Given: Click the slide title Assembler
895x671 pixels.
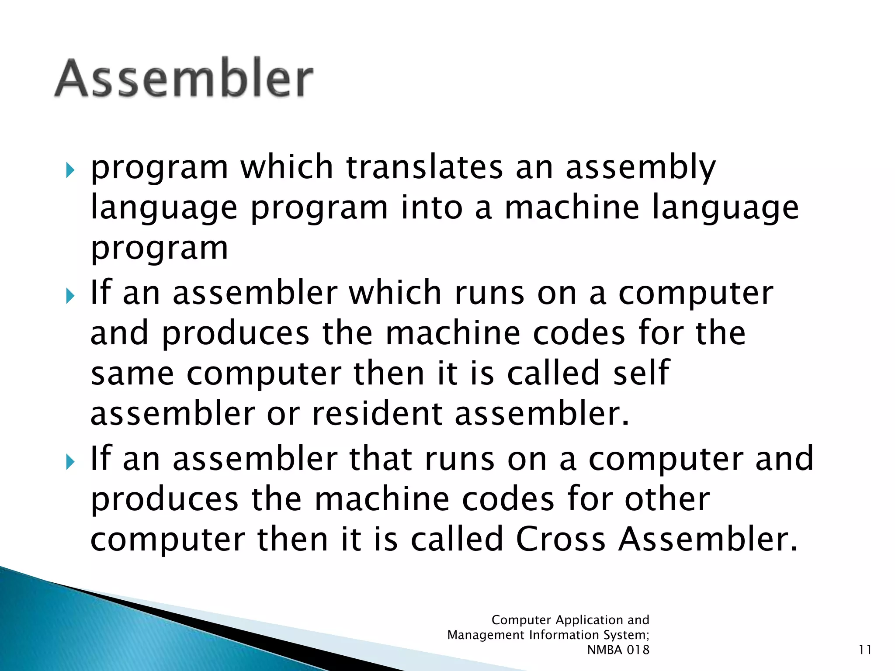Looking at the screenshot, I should click(x=184, y=78).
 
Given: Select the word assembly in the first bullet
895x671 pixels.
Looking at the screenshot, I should click(x=640, y=168).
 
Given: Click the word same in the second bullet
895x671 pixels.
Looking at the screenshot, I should click(x=132, y=374).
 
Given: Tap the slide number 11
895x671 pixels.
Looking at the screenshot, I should click(x=864, y=650).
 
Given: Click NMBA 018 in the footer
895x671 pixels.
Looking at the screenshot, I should click(x=618, y=650).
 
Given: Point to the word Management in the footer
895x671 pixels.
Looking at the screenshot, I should click(x=486, y=635).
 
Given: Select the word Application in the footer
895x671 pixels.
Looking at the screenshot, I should click(x=589, y=620).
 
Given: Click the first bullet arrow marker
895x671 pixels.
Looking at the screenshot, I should click(x=70, y=170).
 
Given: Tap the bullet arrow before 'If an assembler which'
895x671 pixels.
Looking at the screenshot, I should click(x=70, y=296).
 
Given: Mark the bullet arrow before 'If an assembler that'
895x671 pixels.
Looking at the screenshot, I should click(x=70, y=462).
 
